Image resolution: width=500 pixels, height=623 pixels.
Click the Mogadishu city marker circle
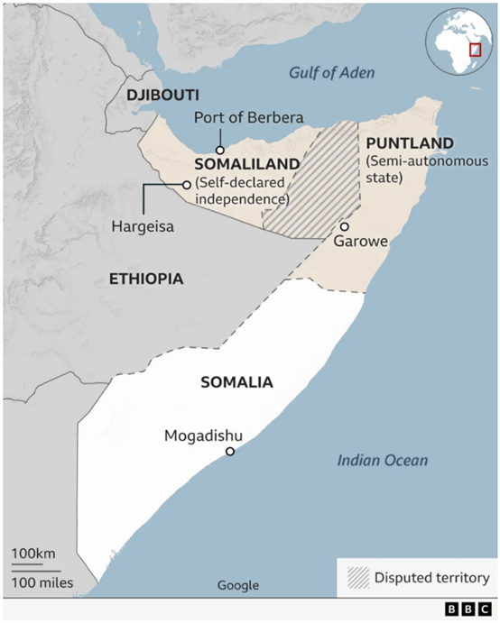click(x=230, y=451)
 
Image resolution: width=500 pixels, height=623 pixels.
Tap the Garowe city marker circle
click(x=344, y=226)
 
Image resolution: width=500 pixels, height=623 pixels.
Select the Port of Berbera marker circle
click(x=219, y=150)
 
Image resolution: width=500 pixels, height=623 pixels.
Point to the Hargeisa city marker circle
click(x=187, y=184)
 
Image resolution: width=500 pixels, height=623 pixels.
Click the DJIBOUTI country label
click(x=162, y=95)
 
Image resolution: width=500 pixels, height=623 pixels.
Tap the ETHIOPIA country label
click(x=145, y=279)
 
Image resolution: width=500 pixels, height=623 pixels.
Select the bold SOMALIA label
click(x=236, y=382)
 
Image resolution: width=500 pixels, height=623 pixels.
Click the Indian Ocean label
click(x=383, y=461)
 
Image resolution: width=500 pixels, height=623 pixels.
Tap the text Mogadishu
click(x=204, y=435)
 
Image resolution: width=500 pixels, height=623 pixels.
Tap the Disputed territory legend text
click(x=431, y=578)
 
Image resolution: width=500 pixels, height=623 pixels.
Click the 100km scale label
click(x=35, y=552)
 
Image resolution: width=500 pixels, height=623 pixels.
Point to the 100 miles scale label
click(x=42, y=582)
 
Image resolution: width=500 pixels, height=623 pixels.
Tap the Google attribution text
click(x=238, y=585)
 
